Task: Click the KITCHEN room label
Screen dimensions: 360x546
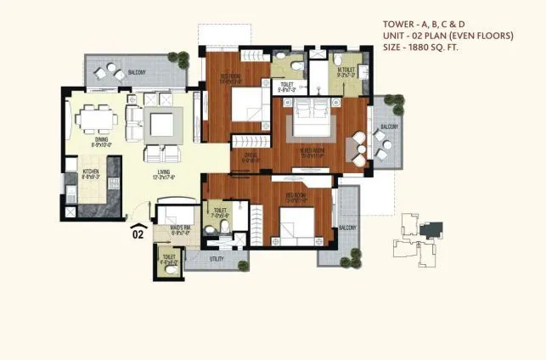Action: (x=91, y=172)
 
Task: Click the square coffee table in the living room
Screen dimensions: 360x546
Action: (x=160, y=125)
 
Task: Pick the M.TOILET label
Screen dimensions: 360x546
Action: (x=345, y=71)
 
